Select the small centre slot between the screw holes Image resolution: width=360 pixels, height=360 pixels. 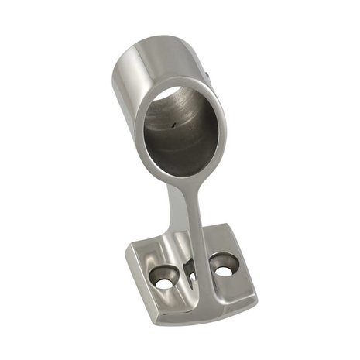tap(190, 271)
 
